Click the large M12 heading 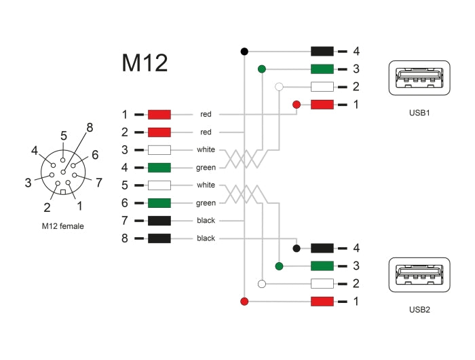[x=145, y=63]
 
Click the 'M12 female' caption [x=62, y=226]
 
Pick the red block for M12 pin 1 [x=159, y=114]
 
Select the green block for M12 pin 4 [x=159, y=167]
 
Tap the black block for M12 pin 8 [x=159, y=238]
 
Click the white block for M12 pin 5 [x=159, y=185]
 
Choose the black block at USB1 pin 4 [x=322, y=51]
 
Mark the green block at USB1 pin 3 [x=322, y=69]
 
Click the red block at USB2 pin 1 [x=322, y=301]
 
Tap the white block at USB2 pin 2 [x=322, y=283]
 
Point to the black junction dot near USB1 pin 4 [x=244, y=51]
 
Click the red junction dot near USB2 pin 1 [x=244, y=301]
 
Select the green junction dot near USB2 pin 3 [x=279, y=266]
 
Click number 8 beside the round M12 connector [x=89, y=127]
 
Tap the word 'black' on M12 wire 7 [x=206, y=221]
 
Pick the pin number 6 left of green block [x=124, y=202]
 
